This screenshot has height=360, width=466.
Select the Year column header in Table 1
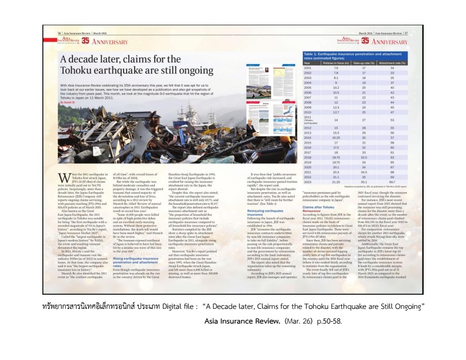point(307,62)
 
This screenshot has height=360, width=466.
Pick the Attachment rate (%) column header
point(401,62)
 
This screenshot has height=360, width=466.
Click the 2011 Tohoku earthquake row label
point(309,119)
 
